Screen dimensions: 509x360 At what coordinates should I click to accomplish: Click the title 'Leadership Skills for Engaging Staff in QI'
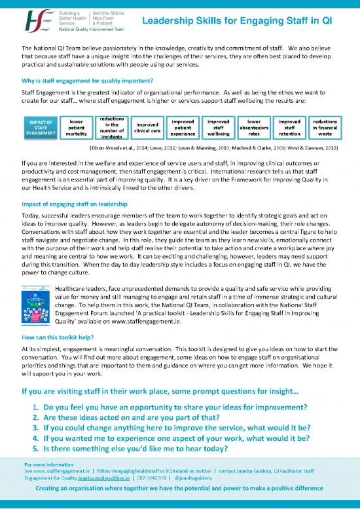coord(237,22)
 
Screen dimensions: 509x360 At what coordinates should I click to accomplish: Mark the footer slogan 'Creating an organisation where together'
coord(180,492)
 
